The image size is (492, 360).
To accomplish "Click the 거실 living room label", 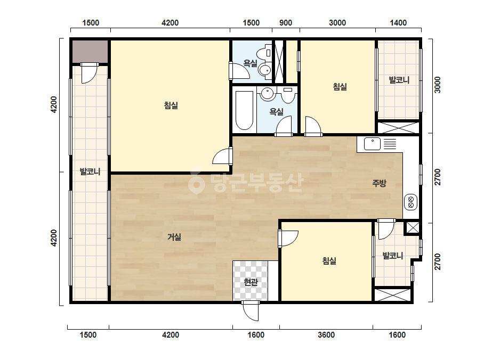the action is (174, 237).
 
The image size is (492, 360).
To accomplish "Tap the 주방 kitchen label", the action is (379, 183).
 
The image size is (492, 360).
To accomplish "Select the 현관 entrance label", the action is (251, 282).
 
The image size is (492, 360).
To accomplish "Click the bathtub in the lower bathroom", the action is (245, 110).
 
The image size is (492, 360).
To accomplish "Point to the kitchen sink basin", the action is (373, 144).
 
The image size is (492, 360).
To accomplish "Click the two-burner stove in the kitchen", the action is (410, 202).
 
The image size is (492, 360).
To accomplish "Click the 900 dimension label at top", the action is (286, 23).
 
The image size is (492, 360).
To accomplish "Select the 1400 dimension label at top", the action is (398, 23).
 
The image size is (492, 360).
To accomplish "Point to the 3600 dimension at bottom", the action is (326, 335).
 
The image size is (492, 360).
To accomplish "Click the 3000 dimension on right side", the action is (438, 85).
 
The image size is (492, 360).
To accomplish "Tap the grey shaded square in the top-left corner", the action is (91, 52).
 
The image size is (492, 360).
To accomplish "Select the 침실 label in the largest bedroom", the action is (171, 105).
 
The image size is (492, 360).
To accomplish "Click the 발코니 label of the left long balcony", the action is (90, 171).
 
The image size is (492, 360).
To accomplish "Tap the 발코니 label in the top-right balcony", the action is (399, 80).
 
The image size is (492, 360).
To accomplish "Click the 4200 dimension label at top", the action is (170, 23).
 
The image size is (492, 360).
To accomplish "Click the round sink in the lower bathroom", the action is (268, 93).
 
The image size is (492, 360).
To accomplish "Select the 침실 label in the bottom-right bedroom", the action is (329, 260).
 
